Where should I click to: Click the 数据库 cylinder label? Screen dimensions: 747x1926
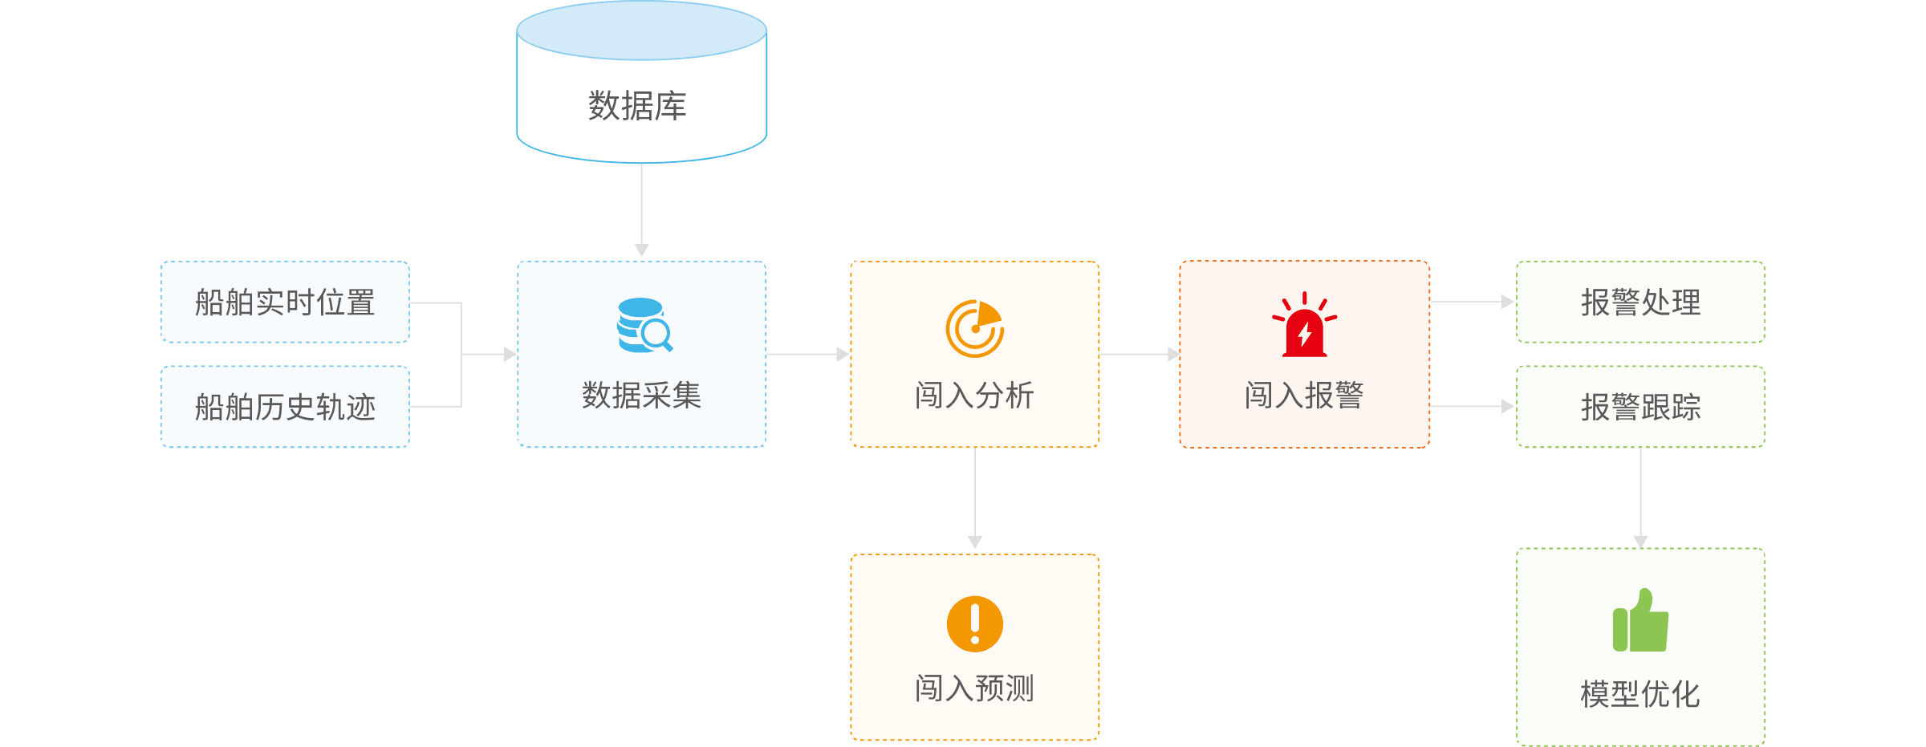[637, 105]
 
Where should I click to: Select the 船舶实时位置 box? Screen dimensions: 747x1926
[285, 302]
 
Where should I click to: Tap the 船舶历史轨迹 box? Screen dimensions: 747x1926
[285, 407]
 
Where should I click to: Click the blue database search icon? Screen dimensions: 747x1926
[644, 326]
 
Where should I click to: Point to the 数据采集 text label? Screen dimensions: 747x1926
[641, 396]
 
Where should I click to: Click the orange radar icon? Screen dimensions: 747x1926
[974, 328]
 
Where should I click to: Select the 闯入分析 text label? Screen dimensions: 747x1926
[974, 396]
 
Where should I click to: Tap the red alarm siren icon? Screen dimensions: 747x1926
[1304, 326]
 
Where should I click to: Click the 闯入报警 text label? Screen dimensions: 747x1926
[1304, 396]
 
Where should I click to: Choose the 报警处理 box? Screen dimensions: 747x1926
[1640, 302]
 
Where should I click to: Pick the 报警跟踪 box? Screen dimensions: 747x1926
[1640, 407]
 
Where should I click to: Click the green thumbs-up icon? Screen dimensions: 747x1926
[1640, 621]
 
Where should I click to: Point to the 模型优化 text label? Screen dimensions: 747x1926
[1640, 694]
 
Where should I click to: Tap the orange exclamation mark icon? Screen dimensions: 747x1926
[974, 623]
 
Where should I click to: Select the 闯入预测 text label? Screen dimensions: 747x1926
[974, 688]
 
